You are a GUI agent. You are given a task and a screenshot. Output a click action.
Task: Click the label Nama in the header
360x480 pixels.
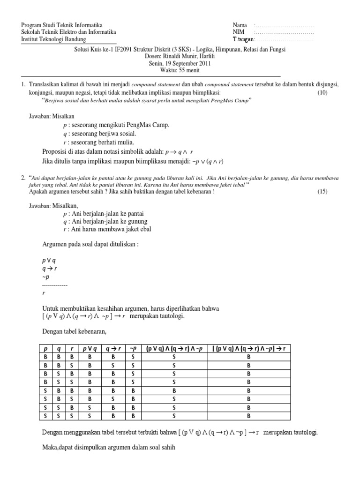pos(239,25)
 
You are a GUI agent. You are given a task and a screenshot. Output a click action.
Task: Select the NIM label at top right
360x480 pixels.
pos(238,32)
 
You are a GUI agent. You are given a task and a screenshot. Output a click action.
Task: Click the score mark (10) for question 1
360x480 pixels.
pos(322,93)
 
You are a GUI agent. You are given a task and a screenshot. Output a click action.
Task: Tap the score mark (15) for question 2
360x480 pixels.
pos(322,191)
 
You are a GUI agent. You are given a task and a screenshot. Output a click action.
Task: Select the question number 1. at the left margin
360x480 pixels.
pos(23,84)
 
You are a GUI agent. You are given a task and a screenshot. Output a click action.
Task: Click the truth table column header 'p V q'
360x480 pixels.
pos(89,348)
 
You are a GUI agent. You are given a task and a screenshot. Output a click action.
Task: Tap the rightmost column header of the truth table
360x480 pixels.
pos(248,348)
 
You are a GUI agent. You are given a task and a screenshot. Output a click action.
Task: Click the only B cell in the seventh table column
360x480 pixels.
pos(174,390)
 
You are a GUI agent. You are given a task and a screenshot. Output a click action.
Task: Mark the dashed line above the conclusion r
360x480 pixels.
pos(55,285)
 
